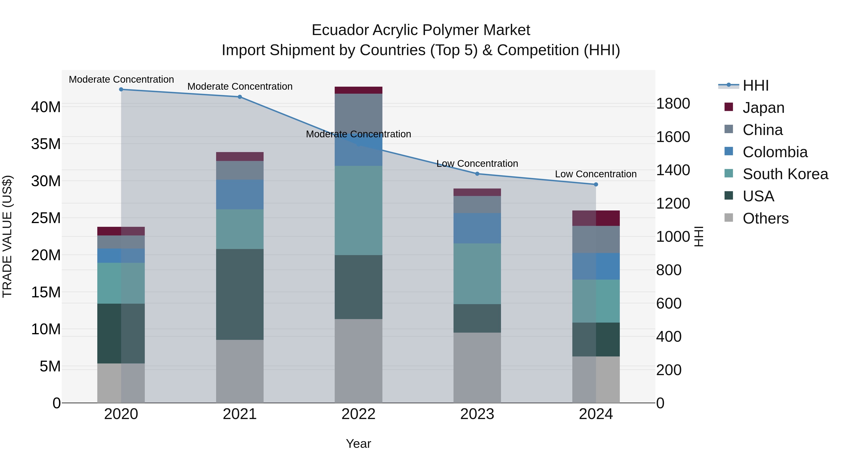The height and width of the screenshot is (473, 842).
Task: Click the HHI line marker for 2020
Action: point(121,89)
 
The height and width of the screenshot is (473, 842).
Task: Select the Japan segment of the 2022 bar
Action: point(358,90)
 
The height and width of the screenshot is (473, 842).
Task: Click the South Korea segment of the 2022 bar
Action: point(358,210)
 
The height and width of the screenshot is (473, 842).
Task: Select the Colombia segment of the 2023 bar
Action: point(477,228)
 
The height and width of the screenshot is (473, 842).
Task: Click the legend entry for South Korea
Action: point(785,174)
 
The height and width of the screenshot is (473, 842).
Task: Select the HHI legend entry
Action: point(755,85)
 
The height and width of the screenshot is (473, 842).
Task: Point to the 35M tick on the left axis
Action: point(46,144)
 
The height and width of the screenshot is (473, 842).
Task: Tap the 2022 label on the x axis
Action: point(358,414)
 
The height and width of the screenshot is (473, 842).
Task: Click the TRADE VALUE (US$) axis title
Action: point(7,236)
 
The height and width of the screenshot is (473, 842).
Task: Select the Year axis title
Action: point(358,444)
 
